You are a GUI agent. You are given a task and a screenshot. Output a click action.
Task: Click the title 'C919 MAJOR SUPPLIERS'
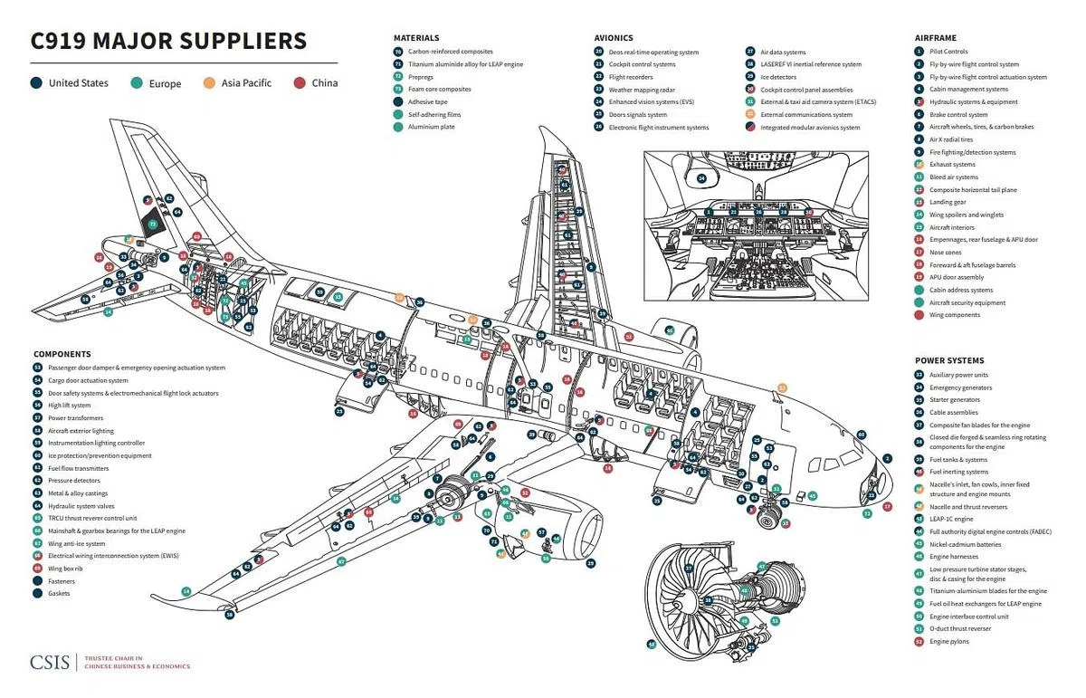point(168,41)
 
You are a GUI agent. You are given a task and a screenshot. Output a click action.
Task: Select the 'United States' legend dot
point(36,83)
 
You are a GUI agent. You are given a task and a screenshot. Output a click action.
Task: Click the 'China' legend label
point(325,83)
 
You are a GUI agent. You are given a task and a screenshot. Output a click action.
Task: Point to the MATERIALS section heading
point(416,38)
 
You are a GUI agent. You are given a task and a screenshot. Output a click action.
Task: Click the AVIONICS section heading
point(614,38)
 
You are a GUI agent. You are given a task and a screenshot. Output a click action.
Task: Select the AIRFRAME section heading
point(936,38)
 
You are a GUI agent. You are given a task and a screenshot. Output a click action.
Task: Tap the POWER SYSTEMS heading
point(948,360)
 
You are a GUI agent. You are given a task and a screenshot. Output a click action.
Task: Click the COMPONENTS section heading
point(62,354)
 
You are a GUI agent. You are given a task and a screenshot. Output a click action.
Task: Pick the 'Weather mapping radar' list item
point(643,90)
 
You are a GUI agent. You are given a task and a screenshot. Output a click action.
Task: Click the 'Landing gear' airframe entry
point(948,202)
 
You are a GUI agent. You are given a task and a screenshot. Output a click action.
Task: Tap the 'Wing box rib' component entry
point(68,568)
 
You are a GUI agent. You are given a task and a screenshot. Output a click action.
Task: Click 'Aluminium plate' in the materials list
point(431,127)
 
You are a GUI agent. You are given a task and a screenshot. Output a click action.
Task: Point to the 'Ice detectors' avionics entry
point(778,77)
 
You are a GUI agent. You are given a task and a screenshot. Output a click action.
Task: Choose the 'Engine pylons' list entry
point(950,641)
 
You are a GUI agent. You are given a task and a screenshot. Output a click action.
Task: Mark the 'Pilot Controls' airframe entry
point(948,52)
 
